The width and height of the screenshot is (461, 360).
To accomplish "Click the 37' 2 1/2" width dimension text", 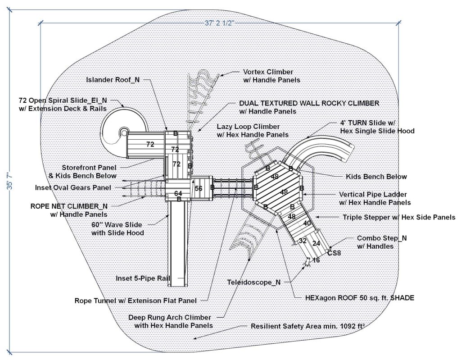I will tap(220, 23).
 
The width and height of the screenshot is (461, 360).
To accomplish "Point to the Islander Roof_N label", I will tap(113, 80).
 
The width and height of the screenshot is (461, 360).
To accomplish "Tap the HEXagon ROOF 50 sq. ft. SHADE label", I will tap(354, 297).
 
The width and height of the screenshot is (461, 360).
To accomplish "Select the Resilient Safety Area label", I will tap(307, 325).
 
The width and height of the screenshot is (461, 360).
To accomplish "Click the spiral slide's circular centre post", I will tap(123, 132).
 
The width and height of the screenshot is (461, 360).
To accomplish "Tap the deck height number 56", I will tap(199, 189).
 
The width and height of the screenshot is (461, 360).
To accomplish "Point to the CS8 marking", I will tap(334, 253).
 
